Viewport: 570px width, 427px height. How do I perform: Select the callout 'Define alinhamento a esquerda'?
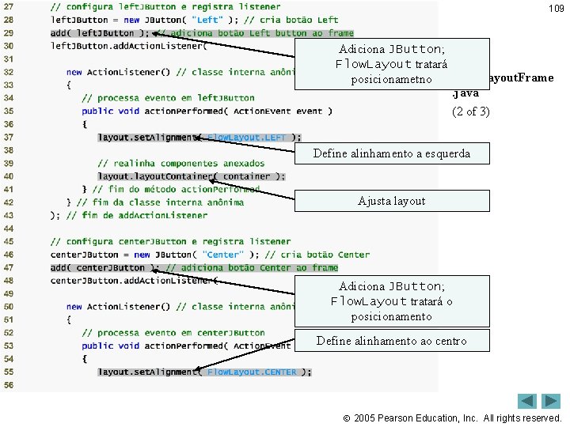coord(391,153)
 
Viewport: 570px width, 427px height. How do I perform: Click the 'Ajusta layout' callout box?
coord(391,201)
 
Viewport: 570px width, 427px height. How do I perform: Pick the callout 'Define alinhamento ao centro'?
coord(391,341)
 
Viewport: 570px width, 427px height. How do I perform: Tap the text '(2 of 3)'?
coord(470,111)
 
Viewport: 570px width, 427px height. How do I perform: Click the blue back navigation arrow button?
coord(527,402)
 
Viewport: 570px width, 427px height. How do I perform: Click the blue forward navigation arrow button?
coord(551,402)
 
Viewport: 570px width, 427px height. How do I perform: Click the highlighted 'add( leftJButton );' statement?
coord(99,33)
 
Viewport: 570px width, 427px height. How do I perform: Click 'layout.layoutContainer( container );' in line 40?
coord(191,176)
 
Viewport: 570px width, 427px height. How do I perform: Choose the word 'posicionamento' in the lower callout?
coord(391,316)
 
